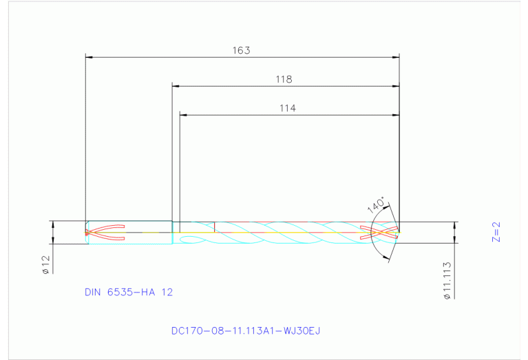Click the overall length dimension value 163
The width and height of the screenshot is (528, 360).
pos(240,50)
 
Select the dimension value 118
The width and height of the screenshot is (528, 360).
pos(284,79)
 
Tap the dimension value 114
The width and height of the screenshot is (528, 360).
pos(288,108)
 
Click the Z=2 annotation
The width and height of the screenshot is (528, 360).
pos(496,232)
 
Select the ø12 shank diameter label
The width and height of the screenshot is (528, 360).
pos(45,265)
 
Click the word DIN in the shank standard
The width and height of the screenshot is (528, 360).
pos(92,292)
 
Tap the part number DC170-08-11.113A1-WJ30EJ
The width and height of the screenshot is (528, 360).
pos(246,330)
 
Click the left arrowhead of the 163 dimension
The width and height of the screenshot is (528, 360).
pos(88,57)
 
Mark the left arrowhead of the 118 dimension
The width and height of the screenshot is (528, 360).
pos(176,86)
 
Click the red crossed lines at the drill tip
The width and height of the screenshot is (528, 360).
pos(384,233)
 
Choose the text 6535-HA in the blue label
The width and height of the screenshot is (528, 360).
pos(132,292)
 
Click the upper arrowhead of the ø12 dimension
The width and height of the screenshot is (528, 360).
pos(52,224)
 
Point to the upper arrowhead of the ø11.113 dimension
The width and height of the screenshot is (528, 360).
pos(454,225)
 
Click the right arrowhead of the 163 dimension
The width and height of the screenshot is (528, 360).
pos(397,57)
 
